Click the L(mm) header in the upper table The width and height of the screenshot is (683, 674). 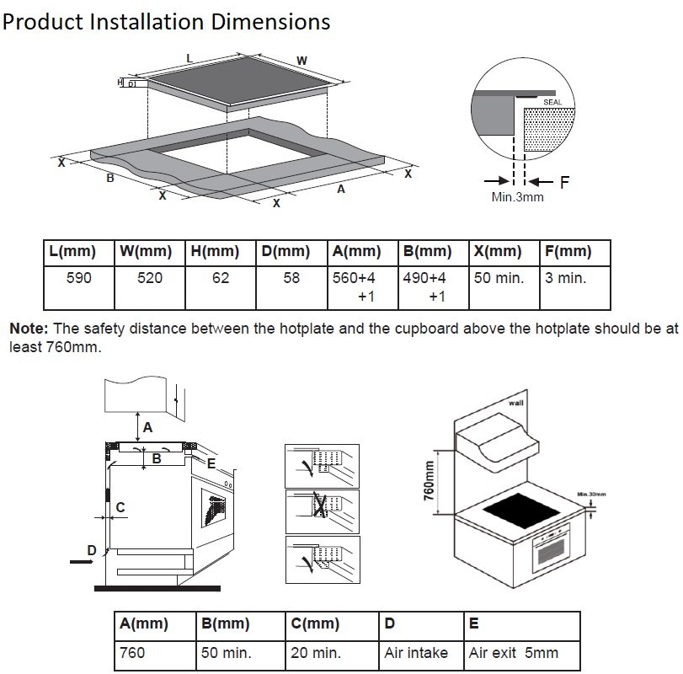(72, 252)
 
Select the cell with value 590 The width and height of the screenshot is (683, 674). (78, 278)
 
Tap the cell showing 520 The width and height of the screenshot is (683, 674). (149, 278)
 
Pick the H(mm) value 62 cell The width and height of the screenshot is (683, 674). (220, 278)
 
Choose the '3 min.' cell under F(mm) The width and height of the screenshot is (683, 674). (565, 278)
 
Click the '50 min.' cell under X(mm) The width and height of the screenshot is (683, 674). (498, 278)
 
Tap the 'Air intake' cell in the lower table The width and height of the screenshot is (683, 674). (416, 653)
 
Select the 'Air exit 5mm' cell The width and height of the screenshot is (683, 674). (514, 653)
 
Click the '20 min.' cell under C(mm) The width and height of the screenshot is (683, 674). (315, 653)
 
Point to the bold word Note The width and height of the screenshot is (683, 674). (29, 329)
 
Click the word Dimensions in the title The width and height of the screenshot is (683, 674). (270, 21)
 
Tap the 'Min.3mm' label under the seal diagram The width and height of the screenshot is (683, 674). (517, 197)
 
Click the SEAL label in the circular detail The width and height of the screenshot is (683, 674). (552, 101)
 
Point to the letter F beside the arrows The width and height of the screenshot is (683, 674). (565, 181)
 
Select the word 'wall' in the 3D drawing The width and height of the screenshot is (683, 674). (515, 404)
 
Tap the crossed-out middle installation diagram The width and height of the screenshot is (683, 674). (323, 511)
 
